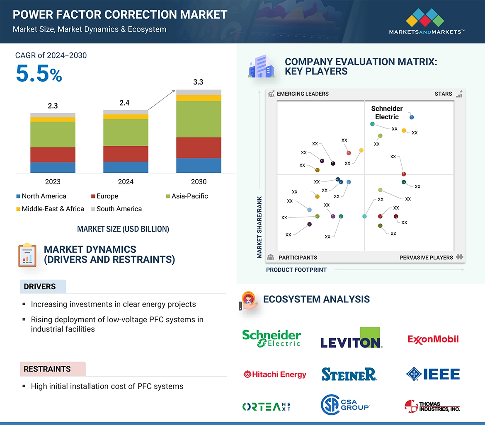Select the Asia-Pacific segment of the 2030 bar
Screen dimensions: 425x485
point(199,119)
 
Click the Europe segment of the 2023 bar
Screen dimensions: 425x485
point(53,155)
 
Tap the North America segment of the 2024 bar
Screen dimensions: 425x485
point(126,167)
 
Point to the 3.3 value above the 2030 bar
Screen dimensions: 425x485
point(198,82)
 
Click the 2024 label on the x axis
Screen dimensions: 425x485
point(126,181)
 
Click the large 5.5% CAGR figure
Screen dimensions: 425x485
point(39,74)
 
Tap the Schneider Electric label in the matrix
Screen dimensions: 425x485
point(387,113)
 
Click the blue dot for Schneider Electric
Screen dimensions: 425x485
point(412,117)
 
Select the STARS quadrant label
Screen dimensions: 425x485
point(443,94)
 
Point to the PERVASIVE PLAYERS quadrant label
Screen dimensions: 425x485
point(426,257)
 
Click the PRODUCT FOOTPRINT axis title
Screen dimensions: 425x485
point(296,270)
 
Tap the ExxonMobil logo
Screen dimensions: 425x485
point(433,339)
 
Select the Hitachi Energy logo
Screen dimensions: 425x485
point(274,374)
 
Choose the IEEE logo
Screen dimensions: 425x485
point(433,374)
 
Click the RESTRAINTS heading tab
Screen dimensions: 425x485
point(47,369)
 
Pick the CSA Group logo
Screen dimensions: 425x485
point(345,405)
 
